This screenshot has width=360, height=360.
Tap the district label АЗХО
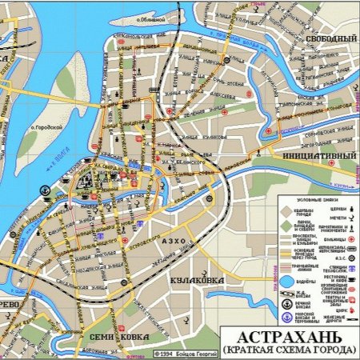[x=174, y=241]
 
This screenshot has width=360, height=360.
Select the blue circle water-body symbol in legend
[x=287, y=281]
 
